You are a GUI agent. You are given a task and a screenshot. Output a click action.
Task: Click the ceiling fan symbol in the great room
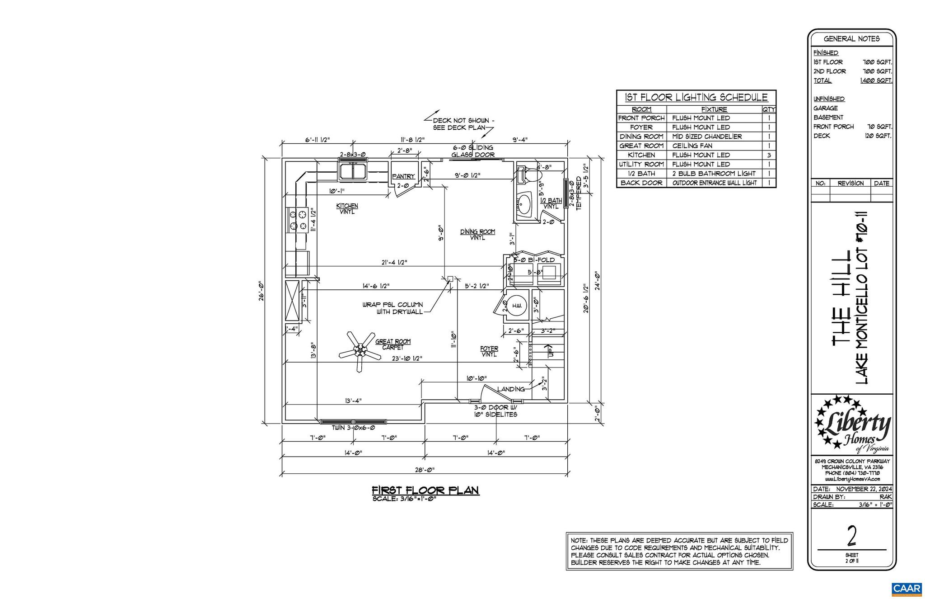tap(360, 350)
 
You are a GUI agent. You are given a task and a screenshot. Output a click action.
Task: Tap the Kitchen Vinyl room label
tap(347, 208)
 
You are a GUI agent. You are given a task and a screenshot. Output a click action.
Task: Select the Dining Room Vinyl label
tap(477, 234)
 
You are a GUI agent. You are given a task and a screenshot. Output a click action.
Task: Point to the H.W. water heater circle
tap(517, 306)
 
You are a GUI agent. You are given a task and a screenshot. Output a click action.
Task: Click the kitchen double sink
tap(354, 171)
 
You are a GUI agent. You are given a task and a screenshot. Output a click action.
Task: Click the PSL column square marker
tap(450, 279)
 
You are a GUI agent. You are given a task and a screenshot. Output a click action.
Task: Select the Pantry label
tap(403, 176)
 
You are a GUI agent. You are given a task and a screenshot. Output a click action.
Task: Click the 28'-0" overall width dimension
tap(425, 470)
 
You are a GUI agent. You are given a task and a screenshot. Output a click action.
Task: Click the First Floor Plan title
tap(425, 491)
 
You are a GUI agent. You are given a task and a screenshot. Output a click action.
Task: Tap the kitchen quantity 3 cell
tap(768, 155)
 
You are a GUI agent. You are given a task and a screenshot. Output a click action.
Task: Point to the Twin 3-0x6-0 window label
tap(353, 428)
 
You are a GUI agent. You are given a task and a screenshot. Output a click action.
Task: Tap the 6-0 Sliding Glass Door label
tap(473, 151)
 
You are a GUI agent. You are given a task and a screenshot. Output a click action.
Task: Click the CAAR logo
tap(906, 589)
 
